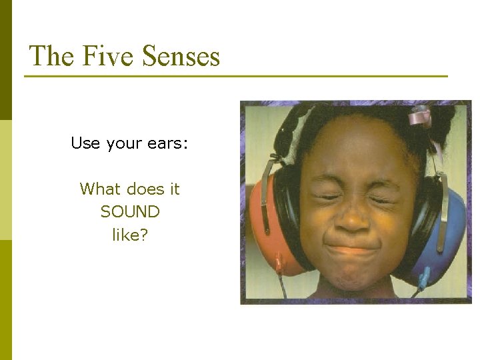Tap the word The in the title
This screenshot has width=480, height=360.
pyautogui.click(x=52, y=56)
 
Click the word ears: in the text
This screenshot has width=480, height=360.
pyautogui.click(x=170, y=144)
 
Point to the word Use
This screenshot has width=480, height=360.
pyautogui.click(x=85, y=143)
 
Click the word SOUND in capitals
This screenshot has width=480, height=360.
pyautogui.click(x=130, y=212)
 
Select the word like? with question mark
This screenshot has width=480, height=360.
pyautogui.click(x=130, y=235)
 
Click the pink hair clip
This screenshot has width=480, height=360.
pyautogui.click(x=420, y=117)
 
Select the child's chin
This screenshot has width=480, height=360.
pyautogui.click(x=353, y=280)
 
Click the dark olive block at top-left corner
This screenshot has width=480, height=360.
pyautogui.click(x=6, y=60)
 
